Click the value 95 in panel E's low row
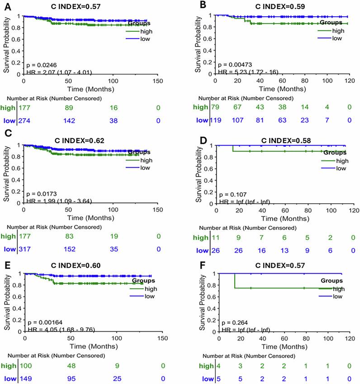click(x=70, y=378)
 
